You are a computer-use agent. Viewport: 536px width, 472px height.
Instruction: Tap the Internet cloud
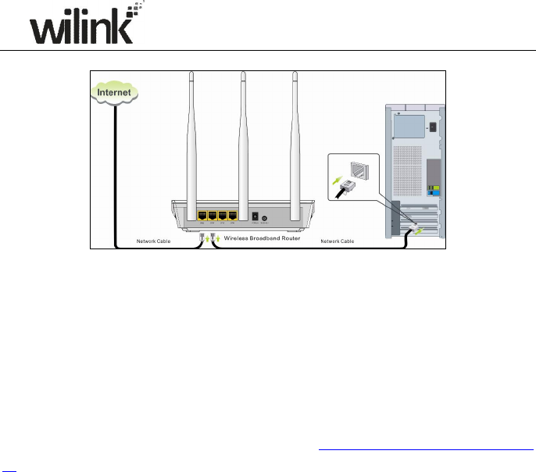click(114, 92)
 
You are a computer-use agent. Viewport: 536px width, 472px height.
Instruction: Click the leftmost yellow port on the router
click(203, 215)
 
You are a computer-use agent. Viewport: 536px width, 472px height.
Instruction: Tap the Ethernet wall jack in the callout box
click(353, 169)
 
